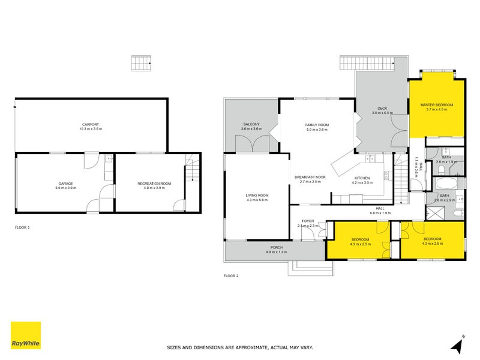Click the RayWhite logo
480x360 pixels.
coord(26,335)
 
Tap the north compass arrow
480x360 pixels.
coord(458,345)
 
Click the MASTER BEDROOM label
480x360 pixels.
coord(436,105)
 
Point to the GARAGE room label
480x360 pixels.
coord(65,183)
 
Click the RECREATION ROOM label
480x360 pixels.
coord(154,183)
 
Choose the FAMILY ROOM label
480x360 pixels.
coord(317,125)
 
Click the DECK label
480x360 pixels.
coord(382,109)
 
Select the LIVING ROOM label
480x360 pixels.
coord(257,196)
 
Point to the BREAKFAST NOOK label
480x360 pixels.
coord(310,178)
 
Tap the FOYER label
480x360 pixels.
coord(308,221)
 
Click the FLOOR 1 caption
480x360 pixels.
coord(22,227)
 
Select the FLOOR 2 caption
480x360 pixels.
coord(231,276)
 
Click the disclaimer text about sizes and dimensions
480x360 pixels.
coord(239,347)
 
